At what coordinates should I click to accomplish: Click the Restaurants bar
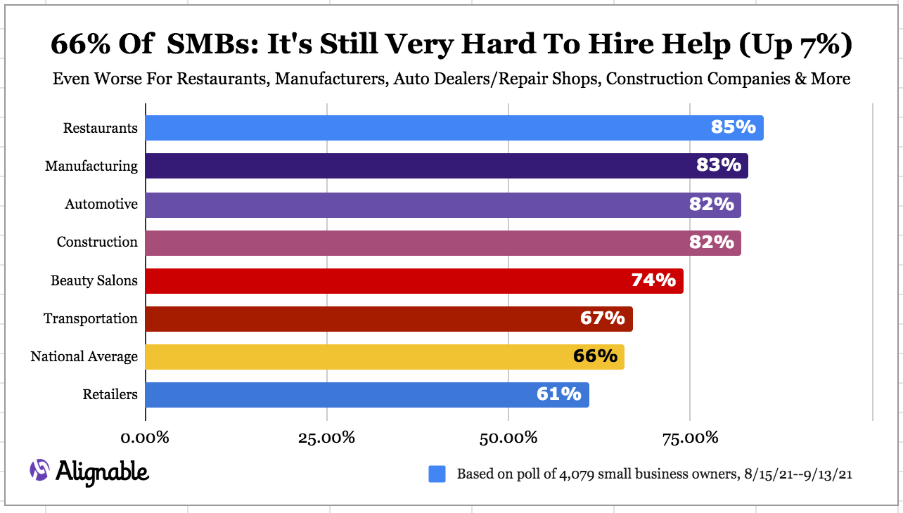point(454,128)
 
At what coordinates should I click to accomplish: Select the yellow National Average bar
point(384,356)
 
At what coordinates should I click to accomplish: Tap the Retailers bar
point(366,394)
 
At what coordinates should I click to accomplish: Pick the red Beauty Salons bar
point(414,280)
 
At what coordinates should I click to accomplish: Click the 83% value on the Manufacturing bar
point(719,165)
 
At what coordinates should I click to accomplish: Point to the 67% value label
point(602,318)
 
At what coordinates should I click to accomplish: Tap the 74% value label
point(653,280)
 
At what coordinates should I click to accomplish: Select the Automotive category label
point(101,204)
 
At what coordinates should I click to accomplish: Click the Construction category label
point(97,242)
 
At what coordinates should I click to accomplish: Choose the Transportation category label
point(91,318)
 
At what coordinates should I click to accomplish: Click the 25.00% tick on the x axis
point(326,438)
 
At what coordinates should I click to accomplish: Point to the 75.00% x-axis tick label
point(689,438)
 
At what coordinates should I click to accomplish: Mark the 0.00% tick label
point(146,438)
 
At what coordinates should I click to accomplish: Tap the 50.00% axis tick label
point(508,438)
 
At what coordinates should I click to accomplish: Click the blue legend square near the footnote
point(437,474)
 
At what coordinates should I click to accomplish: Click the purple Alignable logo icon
point(39,470)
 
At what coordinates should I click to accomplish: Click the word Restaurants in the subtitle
point(222,79)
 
